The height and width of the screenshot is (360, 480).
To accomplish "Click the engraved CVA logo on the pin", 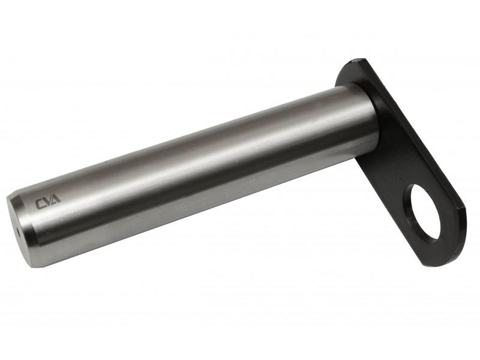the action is tap(48, 202).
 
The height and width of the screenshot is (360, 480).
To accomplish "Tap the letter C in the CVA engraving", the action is tap(39, 204).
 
